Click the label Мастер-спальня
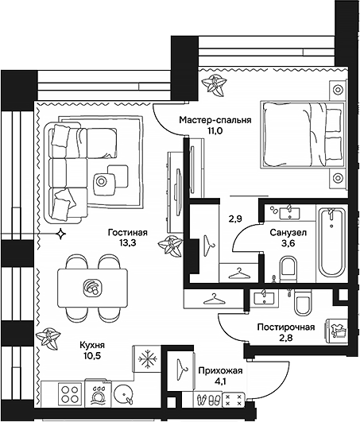point(215,120)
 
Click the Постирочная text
point(285,327)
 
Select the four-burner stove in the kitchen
point(69,393)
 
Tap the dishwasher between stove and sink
point(97,393)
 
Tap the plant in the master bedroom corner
point(214,83)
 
